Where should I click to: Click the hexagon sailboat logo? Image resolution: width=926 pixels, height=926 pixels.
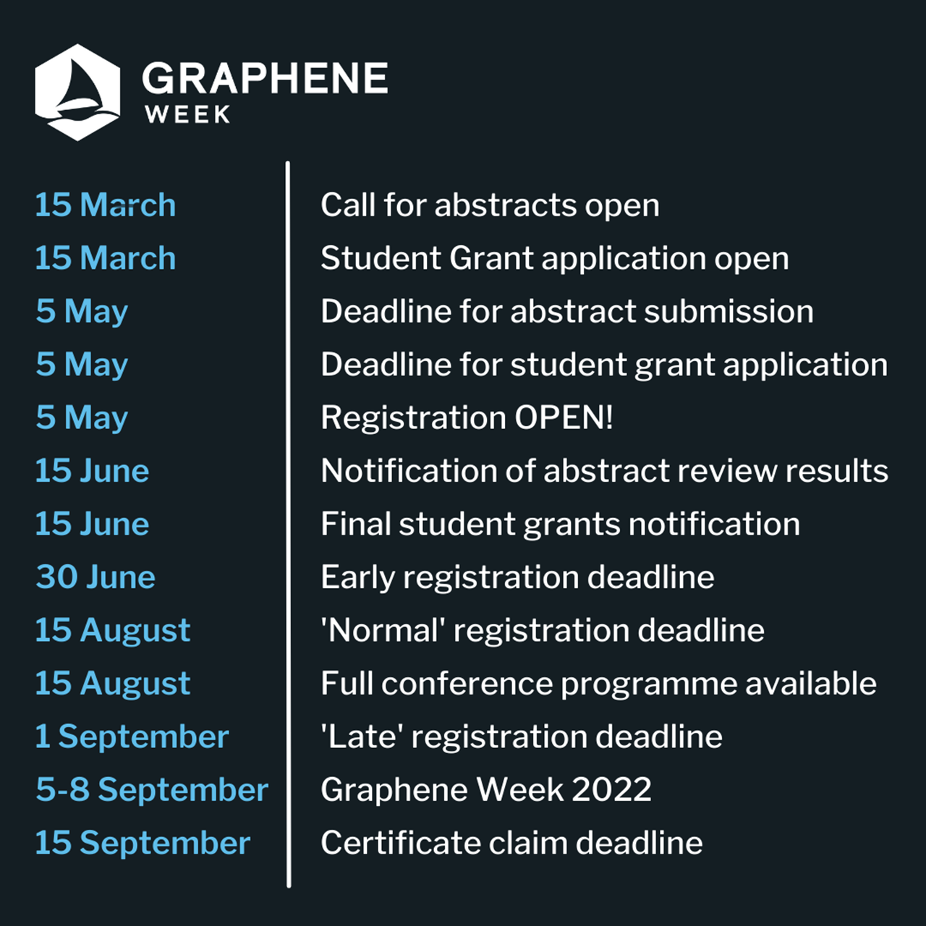pos(77,93)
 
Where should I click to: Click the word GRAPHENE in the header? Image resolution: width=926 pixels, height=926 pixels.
pos(265,78)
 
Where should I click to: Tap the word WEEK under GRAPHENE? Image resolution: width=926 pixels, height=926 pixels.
pos(187,114)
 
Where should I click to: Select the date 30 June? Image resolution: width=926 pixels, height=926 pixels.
pos(95,577)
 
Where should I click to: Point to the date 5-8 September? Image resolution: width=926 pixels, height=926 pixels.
pos(152,789)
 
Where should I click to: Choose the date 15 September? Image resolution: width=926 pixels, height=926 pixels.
pos(143,843)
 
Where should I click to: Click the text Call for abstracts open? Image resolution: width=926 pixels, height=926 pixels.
pos(490,205)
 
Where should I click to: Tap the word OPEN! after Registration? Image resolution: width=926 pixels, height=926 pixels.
pos(564,417)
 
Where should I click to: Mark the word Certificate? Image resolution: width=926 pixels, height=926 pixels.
pos(401,843)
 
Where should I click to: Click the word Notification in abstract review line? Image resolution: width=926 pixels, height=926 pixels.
pos(409,470)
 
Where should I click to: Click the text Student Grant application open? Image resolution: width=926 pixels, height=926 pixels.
pos(555,259)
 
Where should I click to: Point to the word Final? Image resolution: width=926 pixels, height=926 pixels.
pos(356,523)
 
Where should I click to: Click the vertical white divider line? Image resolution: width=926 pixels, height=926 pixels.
pos(288,524)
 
